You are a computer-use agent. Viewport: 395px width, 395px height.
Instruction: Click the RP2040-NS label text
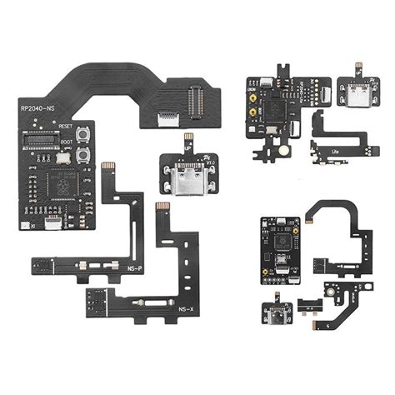tap(38, 106)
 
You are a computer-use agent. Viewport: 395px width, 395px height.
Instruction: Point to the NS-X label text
tap(187, 309)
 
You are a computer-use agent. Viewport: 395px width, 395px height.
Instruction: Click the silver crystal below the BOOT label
tap(84, 176)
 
